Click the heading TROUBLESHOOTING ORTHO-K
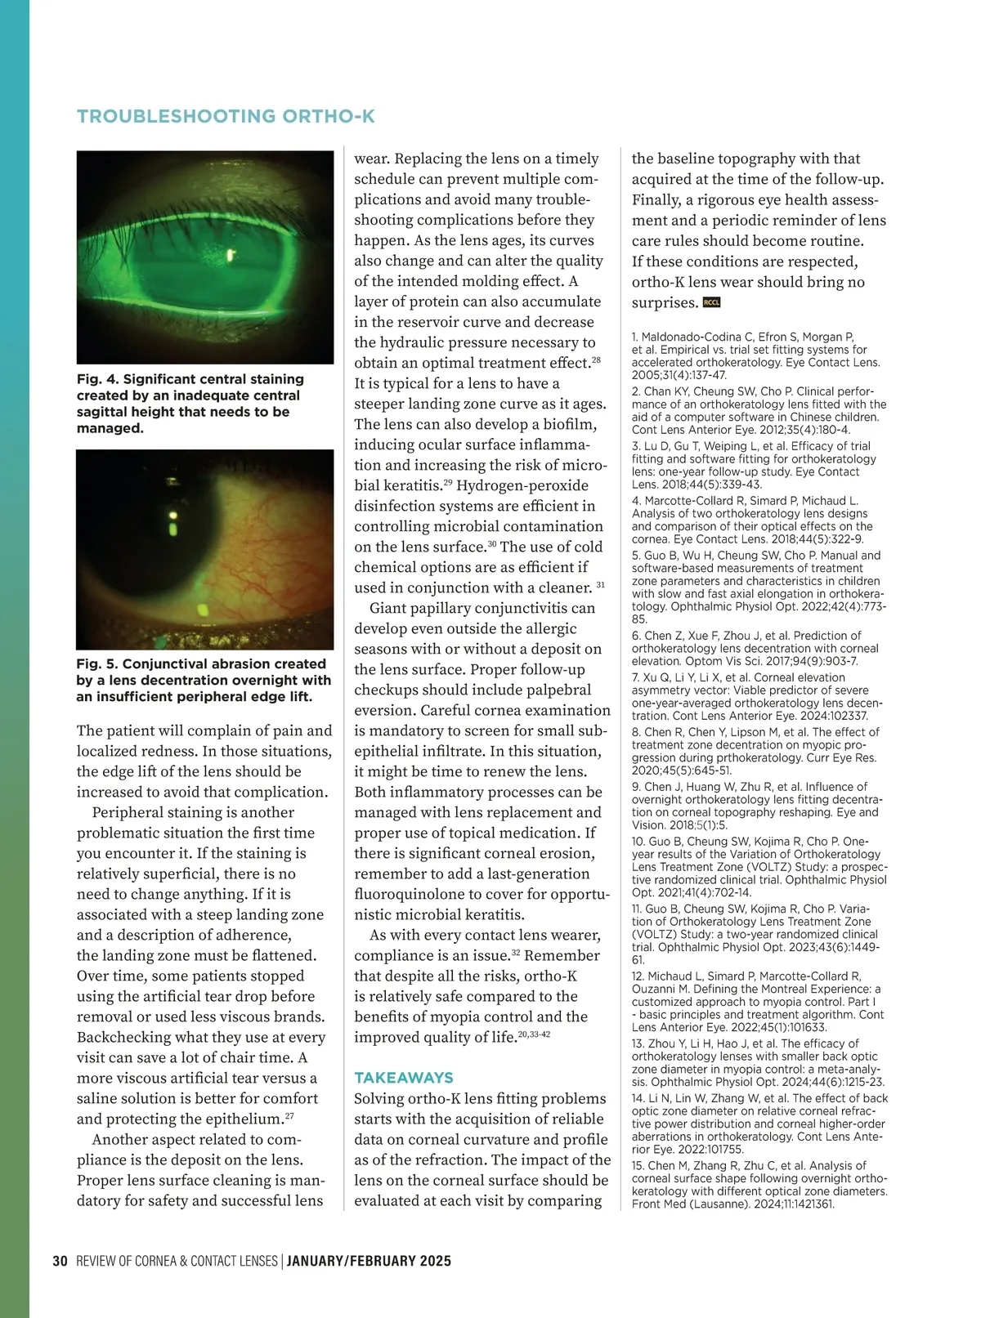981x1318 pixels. click(x=226, y=116)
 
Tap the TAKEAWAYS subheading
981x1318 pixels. click(x=403, y=1078)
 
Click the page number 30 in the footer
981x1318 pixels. click(x=60, y=1261)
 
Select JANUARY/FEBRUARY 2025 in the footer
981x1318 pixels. click(x=369, y=1261)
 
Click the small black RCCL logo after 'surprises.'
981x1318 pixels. click(x=711, y=302)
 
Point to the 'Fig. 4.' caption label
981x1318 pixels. click(x=97, y=379)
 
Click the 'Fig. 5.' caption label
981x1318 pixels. click(x=97, y=664)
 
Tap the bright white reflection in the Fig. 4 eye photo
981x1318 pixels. click(x=231, y=255)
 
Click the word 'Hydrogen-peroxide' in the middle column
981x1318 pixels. click(x=522, y=485)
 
